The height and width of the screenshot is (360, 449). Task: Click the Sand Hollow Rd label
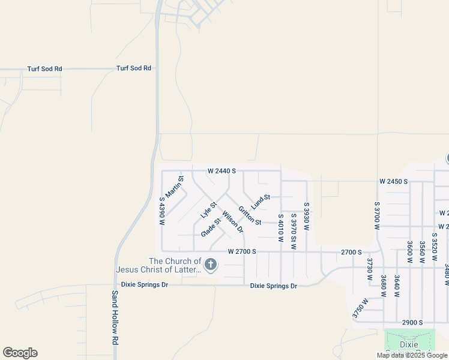[115, 317]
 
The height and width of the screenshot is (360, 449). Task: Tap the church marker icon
[210, 264]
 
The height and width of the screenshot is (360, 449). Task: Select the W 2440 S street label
[221, 171]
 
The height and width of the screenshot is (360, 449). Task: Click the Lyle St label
[208, 210]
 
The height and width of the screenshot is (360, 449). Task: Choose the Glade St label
[211, 227]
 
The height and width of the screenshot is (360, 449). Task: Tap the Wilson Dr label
[232, 221]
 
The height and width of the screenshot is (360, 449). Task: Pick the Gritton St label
[250, 216]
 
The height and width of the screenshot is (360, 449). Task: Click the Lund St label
[261, 201]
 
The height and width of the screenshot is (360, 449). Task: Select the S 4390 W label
[162, 211]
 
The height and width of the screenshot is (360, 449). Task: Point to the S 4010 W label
[280, 227]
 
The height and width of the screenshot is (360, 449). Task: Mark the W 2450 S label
[393, 181]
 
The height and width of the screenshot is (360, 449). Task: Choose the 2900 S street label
[412, 322]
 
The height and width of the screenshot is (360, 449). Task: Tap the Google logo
[20, 353]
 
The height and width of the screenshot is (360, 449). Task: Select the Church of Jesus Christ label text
[175, 265]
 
